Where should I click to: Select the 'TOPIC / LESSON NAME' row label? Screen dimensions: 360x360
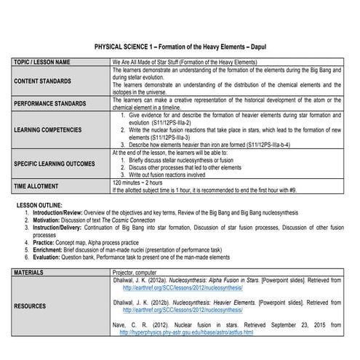[x=42, y=62]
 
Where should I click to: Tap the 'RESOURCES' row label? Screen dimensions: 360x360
[x=31, y=306]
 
